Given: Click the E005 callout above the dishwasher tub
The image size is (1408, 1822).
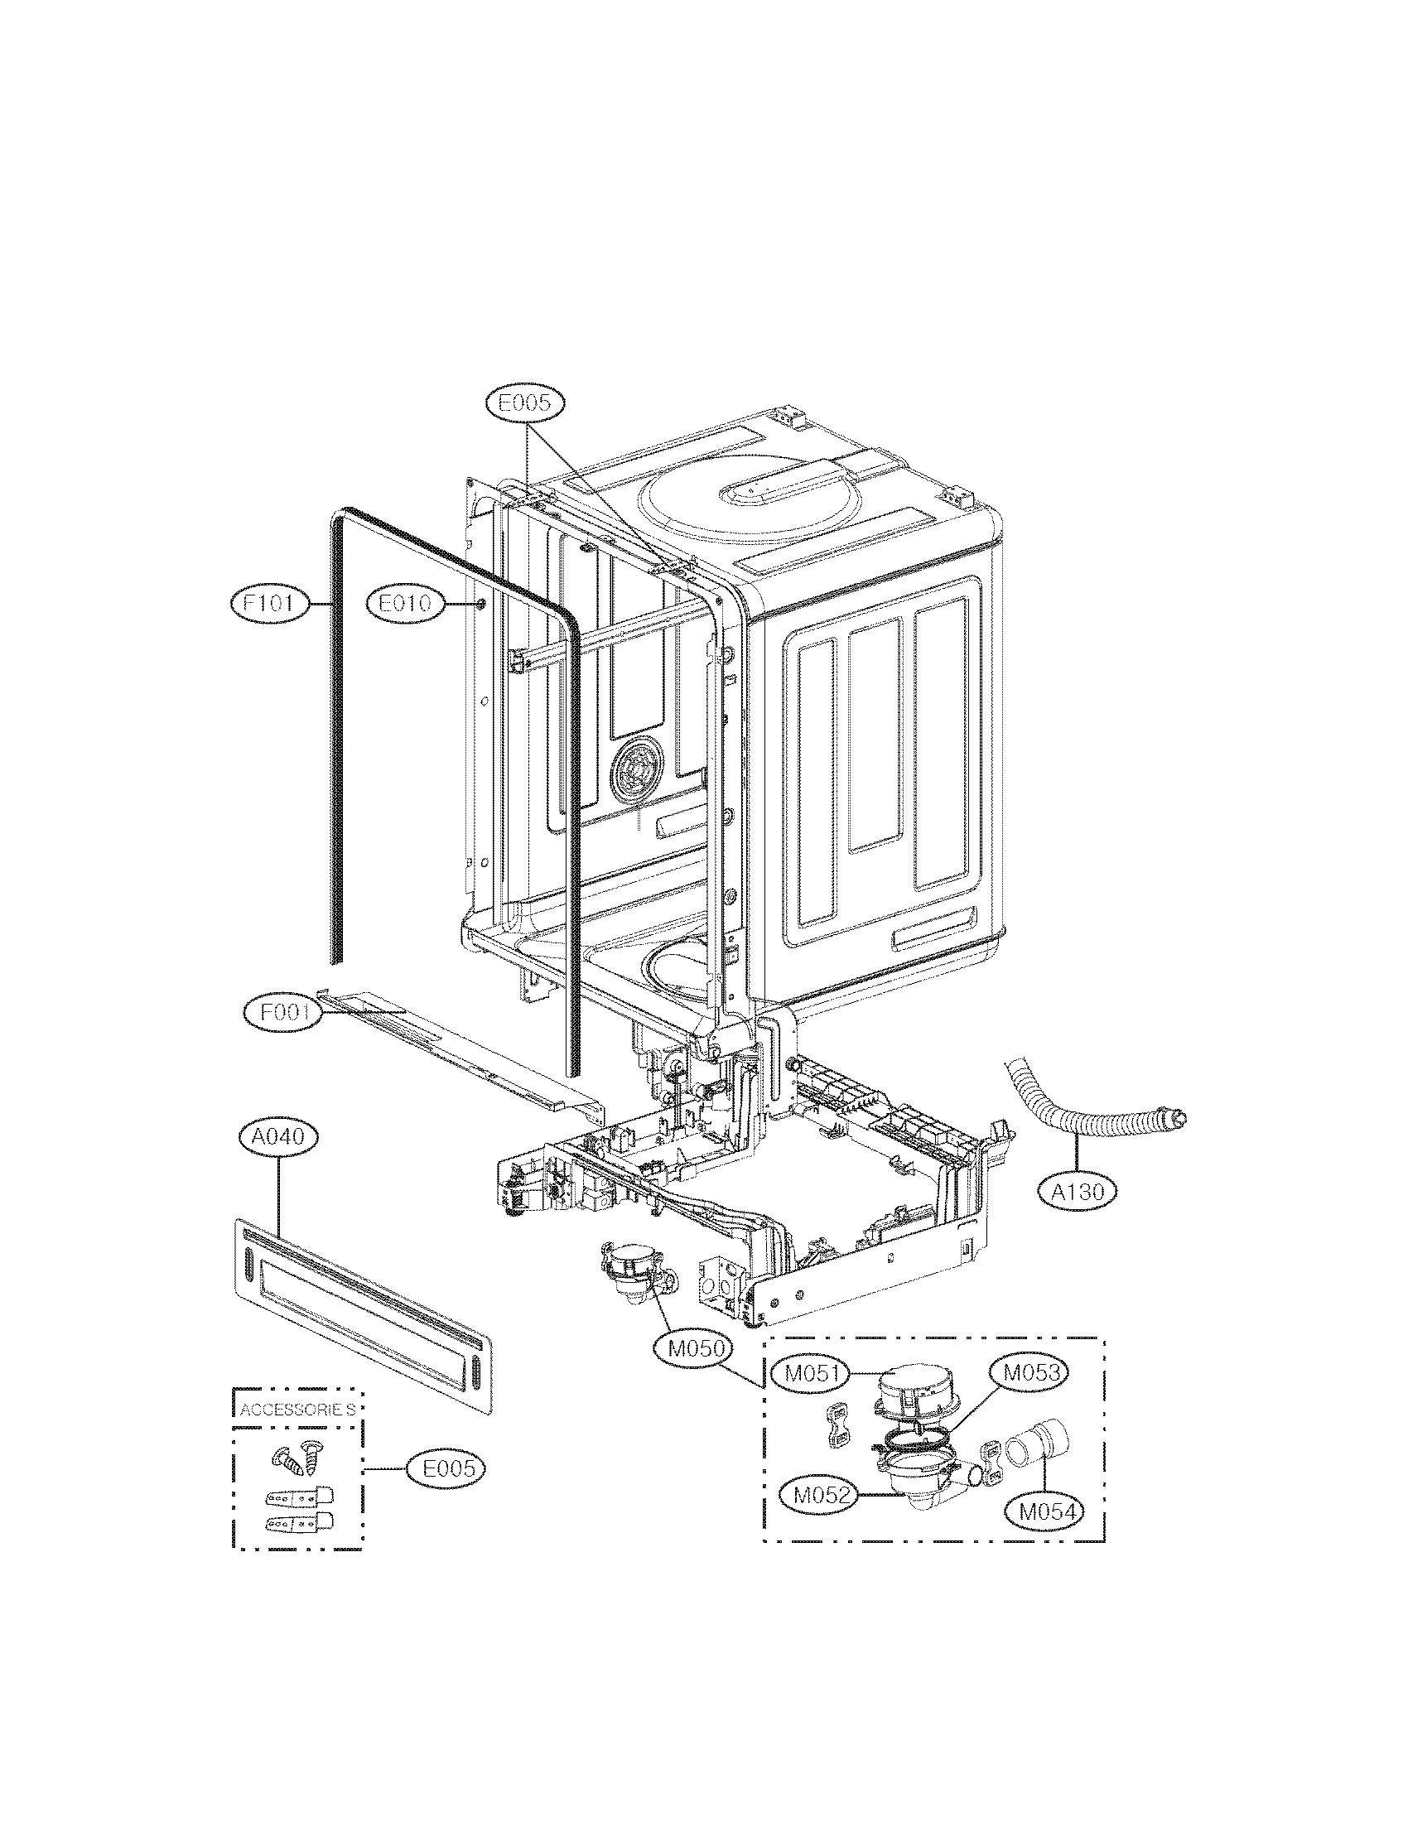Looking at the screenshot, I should (x=524, y=403).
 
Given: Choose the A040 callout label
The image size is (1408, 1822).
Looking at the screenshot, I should (x=277, y=1136).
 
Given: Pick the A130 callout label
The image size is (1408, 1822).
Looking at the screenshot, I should (x=1078, y=1191).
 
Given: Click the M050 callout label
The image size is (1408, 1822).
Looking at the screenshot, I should (x=693, y=1349).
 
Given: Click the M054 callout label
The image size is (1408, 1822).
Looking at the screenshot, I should (x=1044, y=1511).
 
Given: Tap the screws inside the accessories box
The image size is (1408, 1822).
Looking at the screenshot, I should (x=296, y=1458).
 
